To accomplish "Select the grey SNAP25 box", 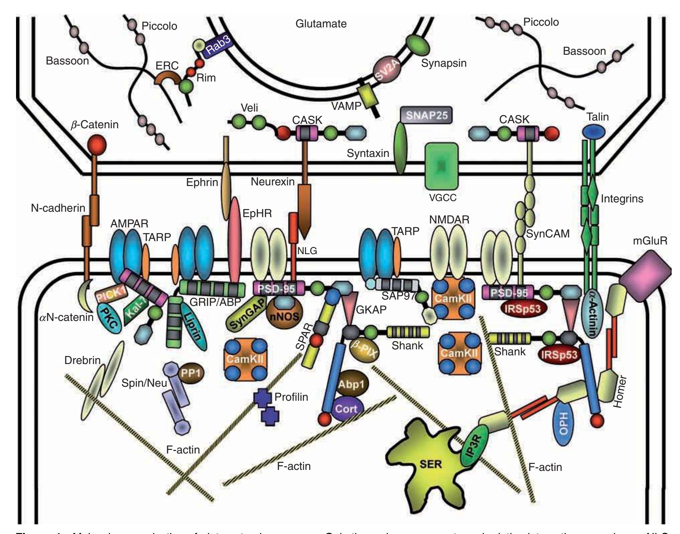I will click(x=426, y=115).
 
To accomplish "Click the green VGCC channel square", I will click(x=441, y=166).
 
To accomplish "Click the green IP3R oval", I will click(x=474, y=446).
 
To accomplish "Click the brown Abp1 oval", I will click(x=351, y=384).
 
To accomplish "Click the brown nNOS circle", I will click(x=282, y=313).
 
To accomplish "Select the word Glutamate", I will click(x=321, y=24).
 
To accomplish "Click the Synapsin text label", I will click(x=444, y=63).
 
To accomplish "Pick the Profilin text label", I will click(x=291, y=397).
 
